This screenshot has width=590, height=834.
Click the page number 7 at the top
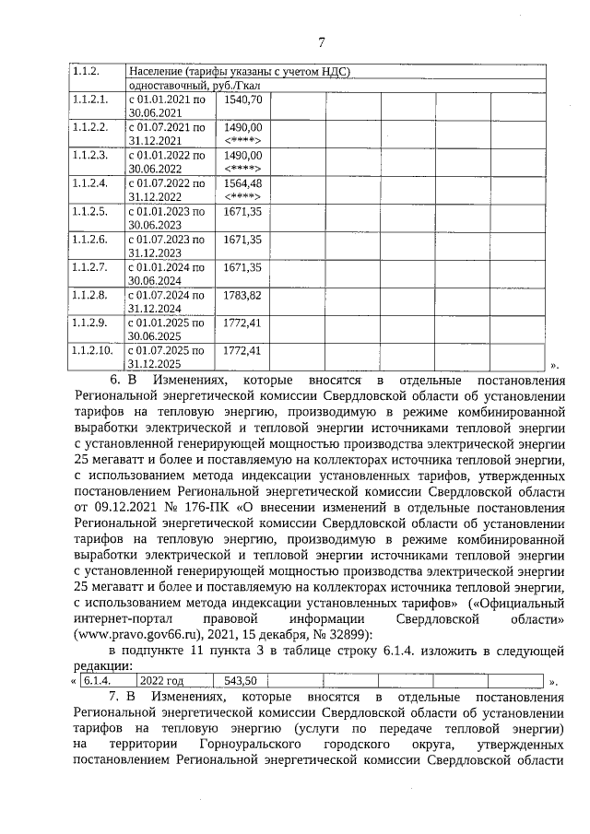pos(322,41)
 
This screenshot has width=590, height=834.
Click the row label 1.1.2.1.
pos(90,100)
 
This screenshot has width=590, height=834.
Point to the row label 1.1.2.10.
pos(93,351)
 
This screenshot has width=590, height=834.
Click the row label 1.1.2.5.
pos(90,212)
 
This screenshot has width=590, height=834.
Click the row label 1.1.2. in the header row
pos(86,72)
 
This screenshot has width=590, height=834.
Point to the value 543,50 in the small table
pos(240,681)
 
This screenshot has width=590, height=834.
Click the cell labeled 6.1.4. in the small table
pos(97,681)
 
